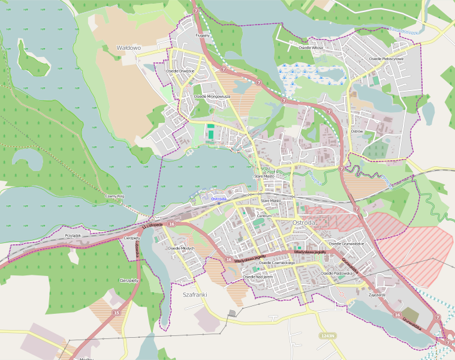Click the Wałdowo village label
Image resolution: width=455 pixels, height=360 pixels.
pyautogui.click(x=128, y=47)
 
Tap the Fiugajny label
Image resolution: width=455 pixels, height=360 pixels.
pyautogui.click(x=203, y=35)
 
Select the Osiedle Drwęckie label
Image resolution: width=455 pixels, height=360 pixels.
pyautogui.click(x=179, y=71)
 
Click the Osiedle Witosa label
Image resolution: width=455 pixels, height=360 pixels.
pyautogui.click(x=311, y=47)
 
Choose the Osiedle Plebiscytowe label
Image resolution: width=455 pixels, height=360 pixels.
pyautogui.click(x=387, y=59)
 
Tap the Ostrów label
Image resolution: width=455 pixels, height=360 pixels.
pyautogui.click(x=357, y=131)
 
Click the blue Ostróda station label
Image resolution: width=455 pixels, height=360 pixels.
pyautogui.click(x=219, y=199)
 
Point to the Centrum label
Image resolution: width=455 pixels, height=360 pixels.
pyautogui.click(x=264, y=215)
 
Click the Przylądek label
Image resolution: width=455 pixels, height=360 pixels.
pyautogui.click(x=73, y=236)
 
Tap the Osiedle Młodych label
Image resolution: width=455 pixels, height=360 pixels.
pyautogui.click(x=182, y=248)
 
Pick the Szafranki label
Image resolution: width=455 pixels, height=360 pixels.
pyautogui.click(x=194, y=295)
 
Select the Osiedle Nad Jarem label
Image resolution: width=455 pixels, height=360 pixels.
pyautogui.click(x=258, y=277)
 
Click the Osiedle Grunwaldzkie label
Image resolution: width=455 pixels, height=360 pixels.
pyautogui.click(x=346, y=244)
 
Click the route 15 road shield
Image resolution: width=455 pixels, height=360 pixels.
pyautogui.click(x=116, y=313)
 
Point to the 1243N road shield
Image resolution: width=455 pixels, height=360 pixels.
pyautogui.click(x=327, y=335)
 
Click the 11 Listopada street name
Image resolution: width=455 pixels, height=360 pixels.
pyautogui.click(x=152, y=225)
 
